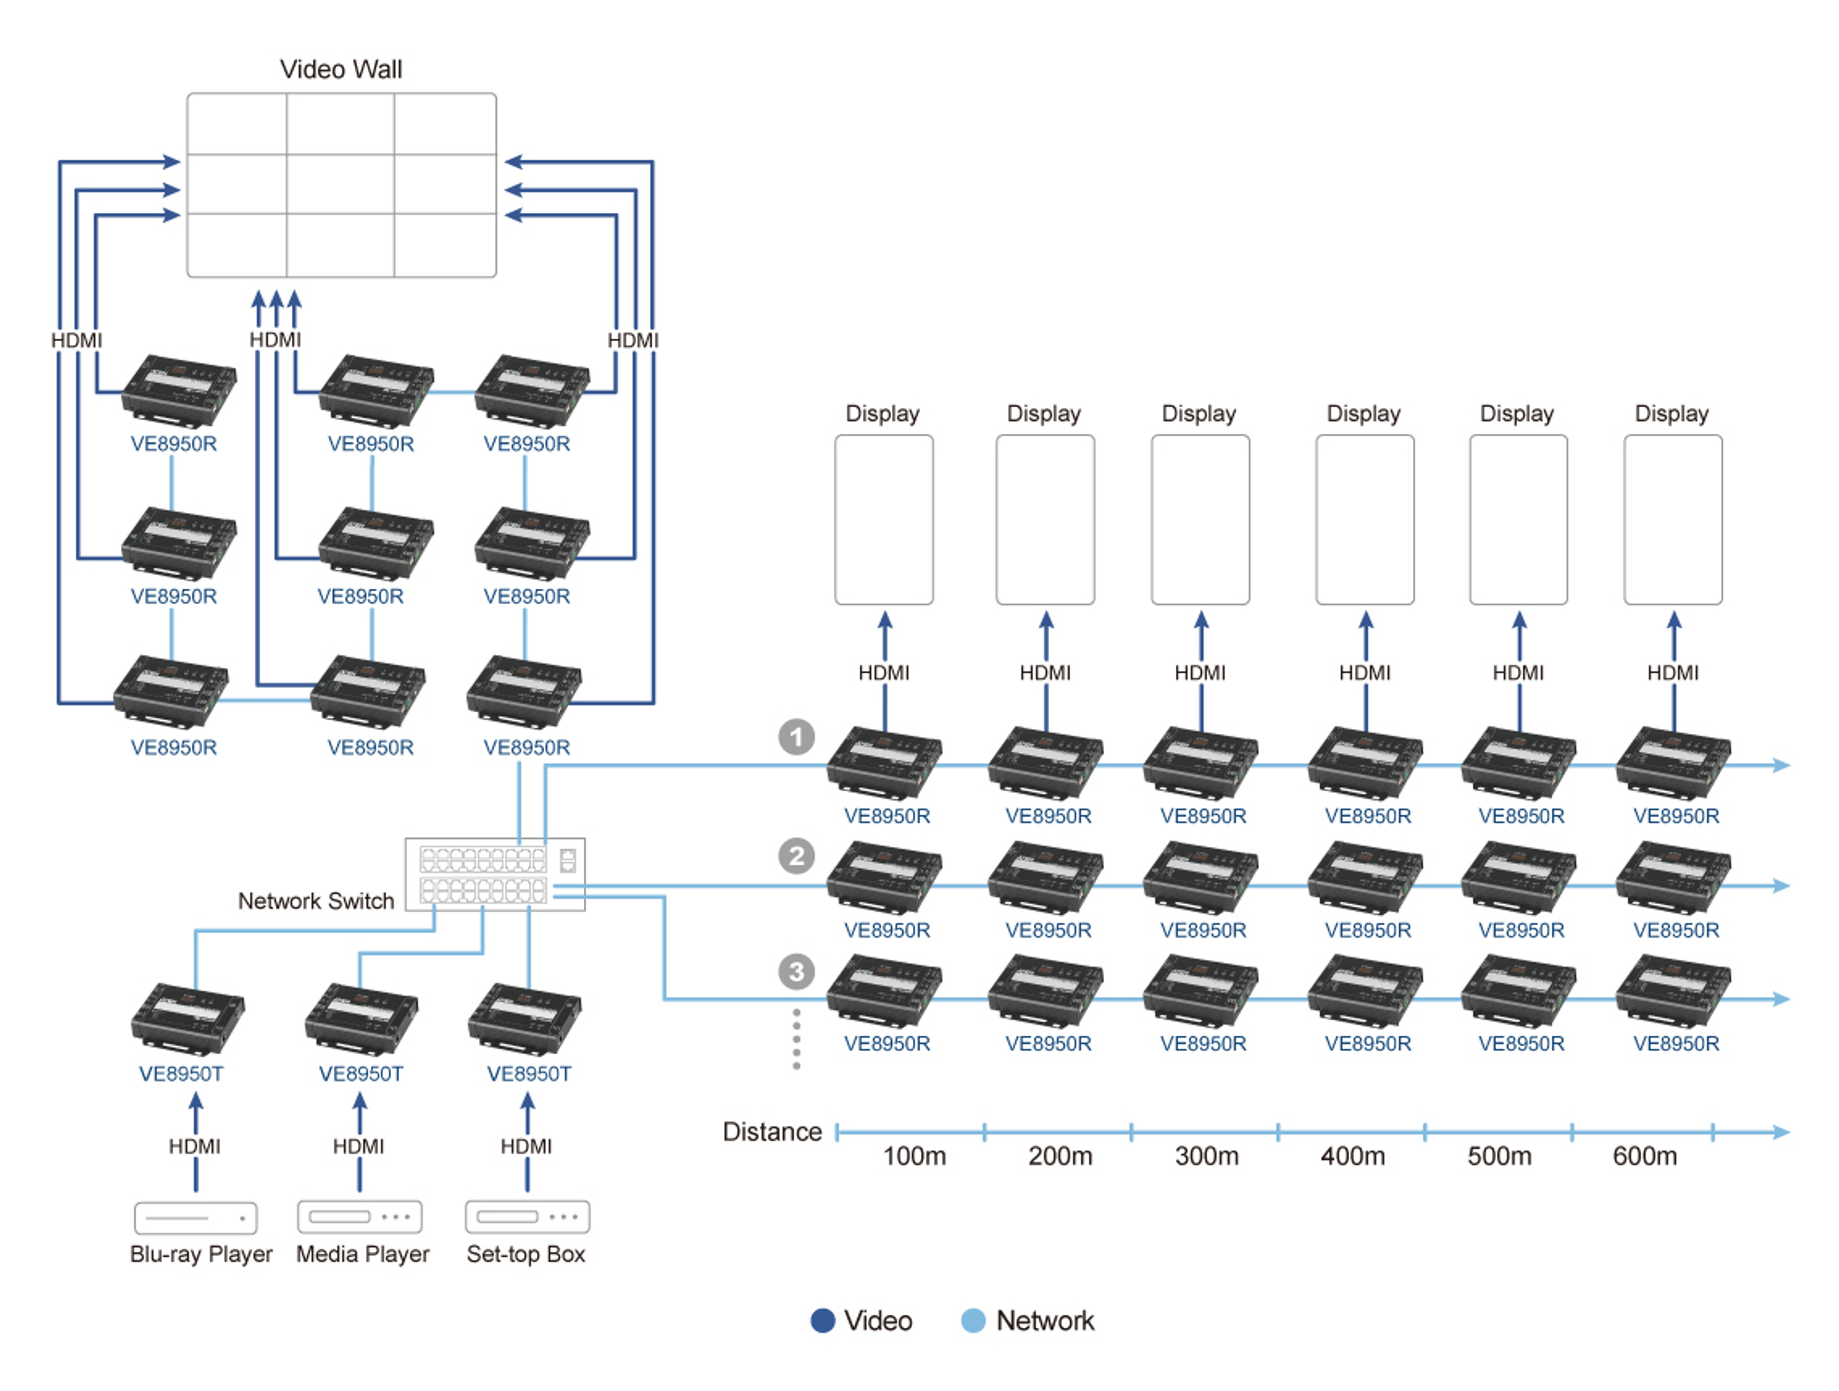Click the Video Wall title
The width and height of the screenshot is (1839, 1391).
pyautogui.click(x=341, y=69)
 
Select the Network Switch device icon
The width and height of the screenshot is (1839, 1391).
pyautogui.click(x=495, y=874)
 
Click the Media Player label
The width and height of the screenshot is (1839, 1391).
pyautogui.click(x=363, y=1254)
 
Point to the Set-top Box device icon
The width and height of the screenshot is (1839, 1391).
pyautogui.click(x=527, y=1216)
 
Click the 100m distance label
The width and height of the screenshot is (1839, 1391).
pyautogui.click(x=914, y=1156)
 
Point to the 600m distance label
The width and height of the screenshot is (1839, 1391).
pyautogui.click(x=1645, y=1156)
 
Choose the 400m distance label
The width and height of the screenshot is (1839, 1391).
pyautogui.click(x=1352, y=1156)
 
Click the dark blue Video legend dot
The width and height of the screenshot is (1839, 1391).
pyautogui.click(x=822, y=1320)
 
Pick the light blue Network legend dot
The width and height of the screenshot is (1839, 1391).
pyautogui.click(x=973, y=1320)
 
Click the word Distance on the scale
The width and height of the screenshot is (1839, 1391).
pyautogui.click(x=772, y=1131)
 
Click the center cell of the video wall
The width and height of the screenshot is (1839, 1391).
pyautogui.click(x=340, y=184)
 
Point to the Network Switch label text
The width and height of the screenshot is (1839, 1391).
pyautogui.click(x=316, y=901)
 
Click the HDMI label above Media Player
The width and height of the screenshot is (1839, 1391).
pyautogui.click(x=358, y=1147)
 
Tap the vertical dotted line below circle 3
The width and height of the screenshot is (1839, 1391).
pyautogui.click(x=796, y=1039)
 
